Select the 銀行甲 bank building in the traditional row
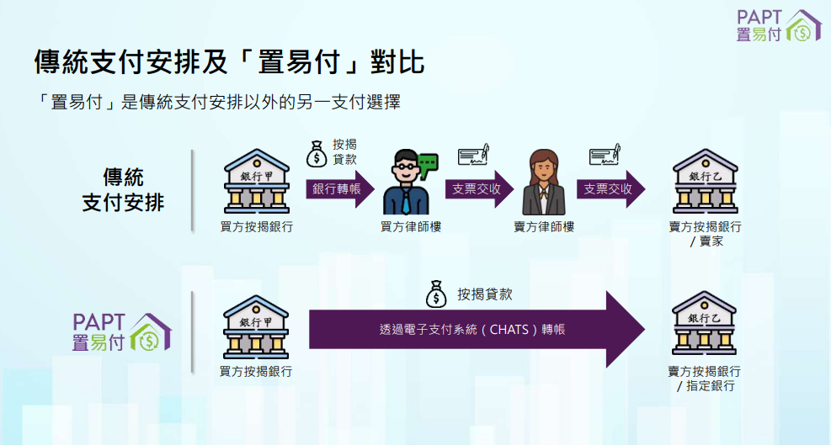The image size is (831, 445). pos(256,184)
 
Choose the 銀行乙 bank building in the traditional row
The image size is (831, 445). pos(706,184)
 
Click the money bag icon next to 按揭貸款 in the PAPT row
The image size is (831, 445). pos(436,294)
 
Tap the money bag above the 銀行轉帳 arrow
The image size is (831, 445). pos(317,153)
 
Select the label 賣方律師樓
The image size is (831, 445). pos(544,227)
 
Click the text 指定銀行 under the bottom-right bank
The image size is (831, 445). pos(711,386)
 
